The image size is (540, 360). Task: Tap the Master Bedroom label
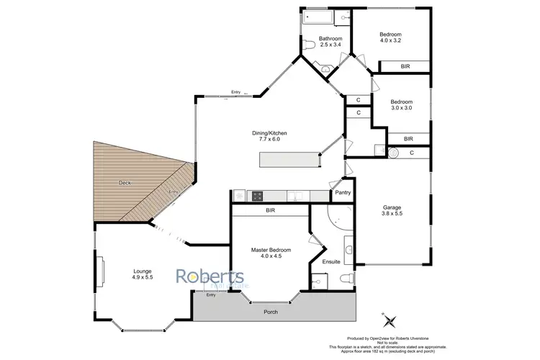(270, 250)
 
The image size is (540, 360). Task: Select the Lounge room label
(142, 271)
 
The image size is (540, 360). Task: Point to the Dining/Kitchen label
(265, 132)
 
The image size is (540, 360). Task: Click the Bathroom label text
(330, 38)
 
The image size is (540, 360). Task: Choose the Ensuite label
(331, 261)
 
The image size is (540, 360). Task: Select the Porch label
(269, 312)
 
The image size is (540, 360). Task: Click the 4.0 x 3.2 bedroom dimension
(391, 41)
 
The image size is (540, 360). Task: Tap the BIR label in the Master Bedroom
(270, 211)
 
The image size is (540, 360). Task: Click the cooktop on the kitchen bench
(258, 195)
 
